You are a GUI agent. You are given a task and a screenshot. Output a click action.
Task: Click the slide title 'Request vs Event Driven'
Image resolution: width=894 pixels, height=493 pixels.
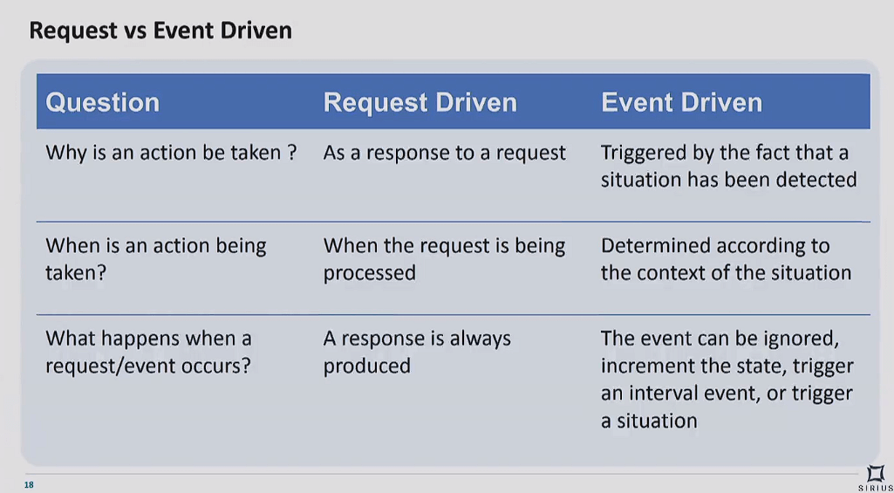[160, 31]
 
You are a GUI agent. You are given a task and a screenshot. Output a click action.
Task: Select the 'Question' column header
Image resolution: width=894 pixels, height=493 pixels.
[103, 103]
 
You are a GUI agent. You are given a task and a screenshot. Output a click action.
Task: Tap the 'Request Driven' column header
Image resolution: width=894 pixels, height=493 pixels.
[420, 103]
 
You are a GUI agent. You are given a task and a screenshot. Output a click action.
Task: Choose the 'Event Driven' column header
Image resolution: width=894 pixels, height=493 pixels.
[681, 103]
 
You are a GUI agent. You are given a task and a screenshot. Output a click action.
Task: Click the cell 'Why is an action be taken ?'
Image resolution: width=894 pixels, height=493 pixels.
[171, 153]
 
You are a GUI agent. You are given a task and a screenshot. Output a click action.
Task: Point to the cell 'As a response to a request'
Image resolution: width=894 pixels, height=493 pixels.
[445, 153]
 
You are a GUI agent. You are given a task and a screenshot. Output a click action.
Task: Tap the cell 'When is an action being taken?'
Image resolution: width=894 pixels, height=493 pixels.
[155, 259]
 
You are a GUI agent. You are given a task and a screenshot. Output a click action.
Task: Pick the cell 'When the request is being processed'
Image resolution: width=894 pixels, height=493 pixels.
[444, 260]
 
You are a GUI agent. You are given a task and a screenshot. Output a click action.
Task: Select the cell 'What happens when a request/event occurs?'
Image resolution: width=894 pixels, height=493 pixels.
[148, 352]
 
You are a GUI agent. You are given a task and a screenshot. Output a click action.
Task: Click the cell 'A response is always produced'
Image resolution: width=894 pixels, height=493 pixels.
[417, 352]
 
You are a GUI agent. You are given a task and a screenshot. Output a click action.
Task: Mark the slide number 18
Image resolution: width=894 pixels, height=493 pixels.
[29, 485]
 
